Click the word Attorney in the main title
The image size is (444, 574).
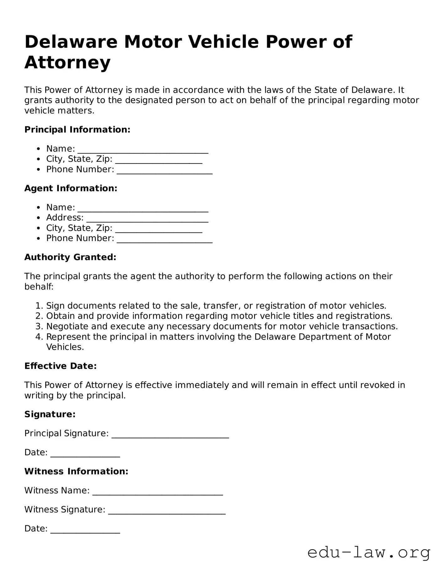67,62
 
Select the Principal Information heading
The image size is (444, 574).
77,130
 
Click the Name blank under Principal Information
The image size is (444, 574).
143,150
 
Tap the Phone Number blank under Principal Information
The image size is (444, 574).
164,170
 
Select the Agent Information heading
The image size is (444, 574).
71,188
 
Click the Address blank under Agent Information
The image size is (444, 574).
147,219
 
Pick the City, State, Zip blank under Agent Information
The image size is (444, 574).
159,229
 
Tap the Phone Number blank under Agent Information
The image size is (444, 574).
164,239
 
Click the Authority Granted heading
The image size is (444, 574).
70,257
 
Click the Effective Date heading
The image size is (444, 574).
61,366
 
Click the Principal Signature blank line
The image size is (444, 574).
170,435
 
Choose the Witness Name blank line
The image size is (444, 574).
157,492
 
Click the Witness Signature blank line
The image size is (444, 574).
166,511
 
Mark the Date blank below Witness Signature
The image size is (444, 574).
85,530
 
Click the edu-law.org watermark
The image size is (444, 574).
369,553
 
